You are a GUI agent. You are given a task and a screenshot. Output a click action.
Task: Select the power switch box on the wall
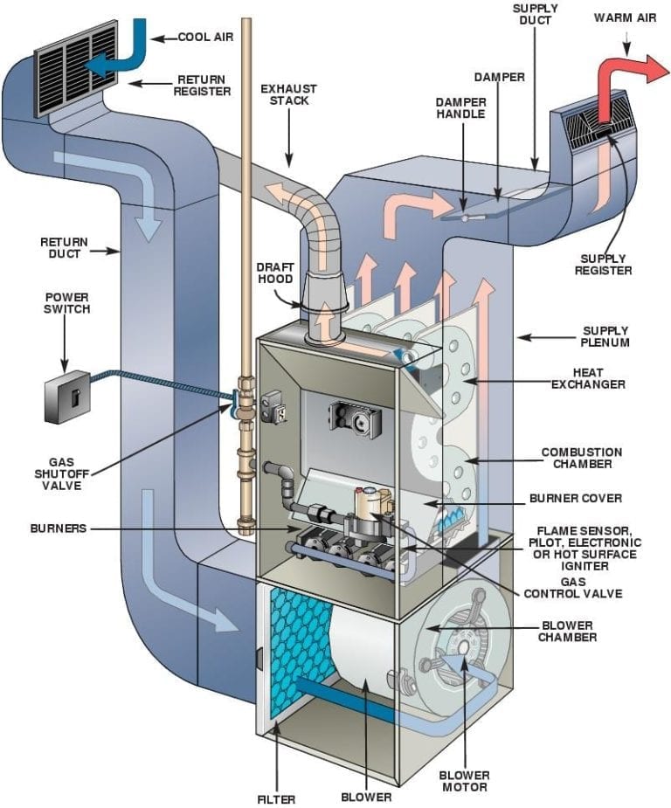tap(67, 396)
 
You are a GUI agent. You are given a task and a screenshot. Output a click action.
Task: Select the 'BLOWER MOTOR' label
tap(464, 781)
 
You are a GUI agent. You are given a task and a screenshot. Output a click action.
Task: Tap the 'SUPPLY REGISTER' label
tap(604, 265)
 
